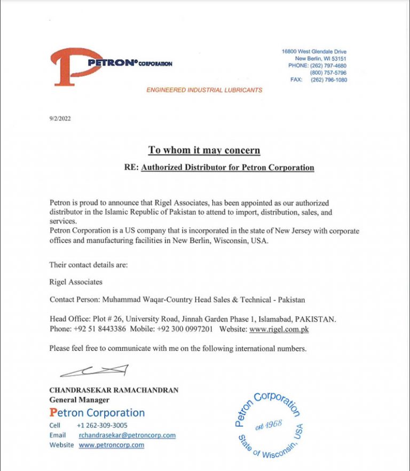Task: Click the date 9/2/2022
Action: tap(60, 119)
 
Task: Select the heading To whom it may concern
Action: tap(204, 150)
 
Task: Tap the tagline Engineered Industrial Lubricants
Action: tap(204, 90)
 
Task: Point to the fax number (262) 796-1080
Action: tap(328, 80)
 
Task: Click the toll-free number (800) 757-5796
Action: tap(328, 73)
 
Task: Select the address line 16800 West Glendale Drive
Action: tap(314, 52)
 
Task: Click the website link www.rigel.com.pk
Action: tap(279, 329)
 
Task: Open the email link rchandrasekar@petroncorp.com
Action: tap(127, 435)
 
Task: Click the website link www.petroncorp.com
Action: tap(112, 445)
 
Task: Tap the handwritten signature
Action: tap(95, 370)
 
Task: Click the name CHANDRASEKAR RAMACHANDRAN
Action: tap(114, 390)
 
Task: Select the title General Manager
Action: tap(79, 399)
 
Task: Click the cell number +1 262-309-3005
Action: tap(102, 426)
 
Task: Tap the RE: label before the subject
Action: tap(131, 168)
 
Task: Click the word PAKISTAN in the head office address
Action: tap(315, 319)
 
